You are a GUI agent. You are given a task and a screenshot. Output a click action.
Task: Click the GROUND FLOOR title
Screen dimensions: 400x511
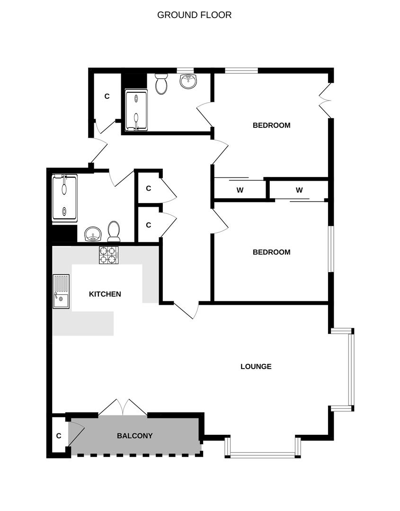point(194,15)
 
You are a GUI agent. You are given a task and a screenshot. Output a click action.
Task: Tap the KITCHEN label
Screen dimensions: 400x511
point(105,294)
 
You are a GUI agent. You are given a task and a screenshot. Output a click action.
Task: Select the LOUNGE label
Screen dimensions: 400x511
point(256,367)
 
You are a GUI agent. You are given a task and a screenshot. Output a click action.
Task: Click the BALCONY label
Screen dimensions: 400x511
point(134,436)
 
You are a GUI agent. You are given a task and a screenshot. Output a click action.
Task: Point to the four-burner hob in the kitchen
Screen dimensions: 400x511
point(109,255)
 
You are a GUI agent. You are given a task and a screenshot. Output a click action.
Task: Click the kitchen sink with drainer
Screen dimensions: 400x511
point(61,291)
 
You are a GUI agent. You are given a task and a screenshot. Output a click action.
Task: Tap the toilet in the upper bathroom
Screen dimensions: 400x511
point(161,84)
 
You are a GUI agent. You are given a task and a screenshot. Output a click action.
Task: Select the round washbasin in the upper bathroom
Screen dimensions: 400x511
point(188,81)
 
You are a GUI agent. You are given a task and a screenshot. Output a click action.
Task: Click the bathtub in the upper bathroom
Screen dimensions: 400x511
point(136,112)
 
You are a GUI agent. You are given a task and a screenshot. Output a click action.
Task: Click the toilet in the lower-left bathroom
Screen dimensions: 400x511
point(114,231)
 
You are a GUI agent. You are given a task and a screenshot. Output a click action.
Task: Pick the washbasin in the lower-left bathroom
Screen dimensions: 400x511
point(93,234)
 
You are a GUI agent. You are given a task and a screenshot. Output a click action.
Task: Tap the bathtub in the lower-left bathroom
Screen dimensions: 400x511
point(65,198)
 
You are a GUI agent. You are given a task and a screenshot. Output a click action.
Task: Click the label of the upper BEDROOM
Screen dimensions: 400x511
point(272,125)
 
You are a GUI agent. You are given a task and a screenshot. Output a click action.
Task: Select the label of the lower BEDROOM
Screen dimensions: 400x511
point(272,252)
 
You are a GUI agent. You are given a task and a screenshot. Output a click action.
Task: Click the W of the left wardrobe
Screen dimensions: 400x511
point(240,190)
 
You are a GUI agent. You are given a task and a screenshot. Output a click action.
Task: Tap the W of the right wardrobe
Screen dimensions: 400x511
point(299,190)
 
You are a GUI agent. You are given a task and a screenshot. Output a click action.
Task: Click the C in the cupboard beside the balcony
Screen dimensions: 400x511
point(59,436)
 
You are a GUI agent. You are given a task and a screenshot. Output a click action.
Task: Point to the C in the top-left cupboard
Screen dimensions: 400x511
point(107,96)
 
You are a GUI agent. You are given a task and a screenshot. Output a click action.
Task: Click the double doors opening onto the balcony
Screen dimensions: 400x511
point(123,407)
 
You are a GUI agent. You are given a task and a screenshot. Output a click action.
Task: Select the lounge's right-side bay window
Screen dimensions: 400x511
point(351,370)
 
